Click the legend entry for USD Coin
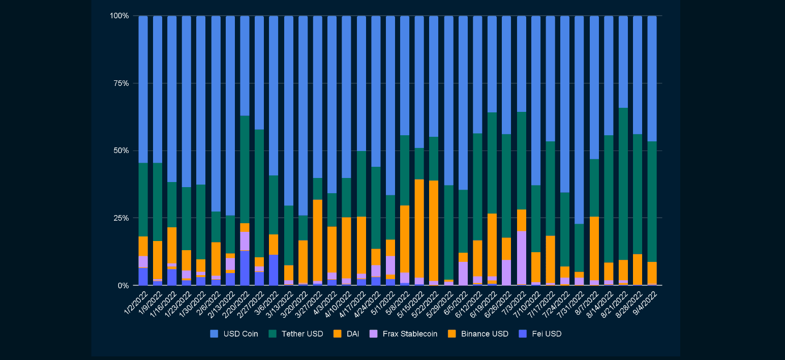[240, 334]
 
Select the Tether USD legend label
[302, 334]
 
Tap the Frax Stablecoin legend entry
[410, 334]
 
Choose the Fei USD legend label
[547, 334]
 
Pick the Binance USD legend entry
[485, 334]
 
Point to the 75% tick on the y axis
[120, 83]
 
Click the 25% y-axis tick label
[120, 218]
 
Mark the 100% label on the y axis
[119, 16]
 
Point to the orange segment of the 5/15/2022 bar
[419, 228]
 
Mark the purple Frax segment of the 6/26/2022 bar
[507, 273]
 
